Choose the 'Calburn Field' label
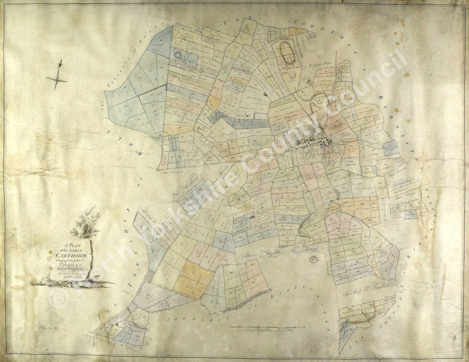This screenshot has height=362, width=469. click(x=362, y=208)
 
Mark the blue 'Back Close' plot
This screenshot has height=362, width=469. click(x=410, y=214)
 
